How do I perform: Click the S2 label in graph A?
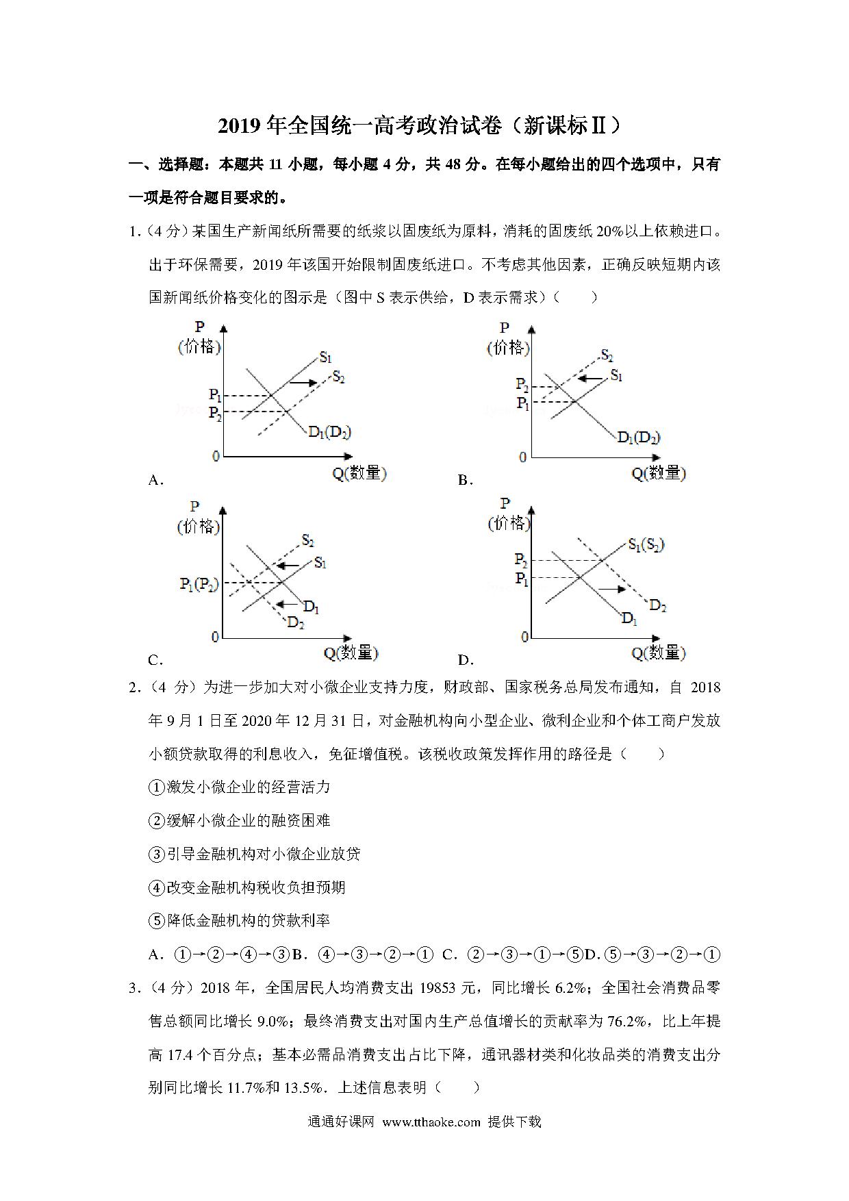tap(338, 376)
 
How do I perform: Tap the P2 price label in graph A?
tap(215, 413)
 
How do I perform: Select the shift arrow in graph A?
tap(303, 382)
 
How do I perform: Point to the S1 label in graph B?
tap(616, 375)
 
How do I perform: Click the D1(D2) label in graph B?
tap(638, 437)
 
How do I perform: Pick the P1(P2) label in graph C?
tap(199, 584)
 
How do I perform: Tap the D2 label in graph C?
tap(296, 622)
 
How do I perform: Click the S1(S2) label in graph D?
tap(646, 545)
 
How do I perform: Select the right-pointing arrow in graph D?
tap(612, 588)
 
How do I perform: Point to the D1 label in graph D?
tap(629, 618)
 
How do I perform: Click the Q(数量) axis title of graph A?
tap(359, 472)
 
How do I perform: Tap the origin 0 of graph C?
tap(215, 637)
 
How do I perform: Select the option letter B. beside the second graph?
tap(466, 481)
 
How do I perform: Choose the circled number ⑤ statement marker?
tap(157, 921)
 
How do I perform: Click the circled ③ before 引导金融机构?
tap(157, 854)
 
